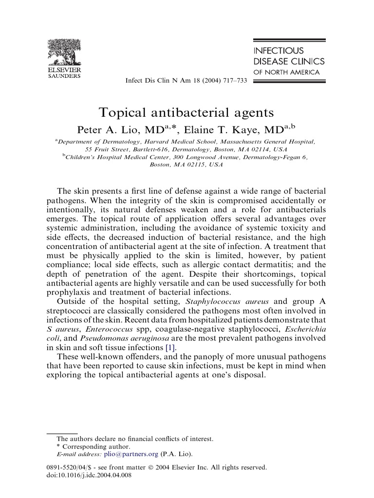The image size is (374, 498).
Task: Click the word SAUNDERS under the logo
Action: pos(64,76)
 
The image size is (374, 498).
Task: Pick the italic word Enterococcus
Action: pos(112,329)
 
